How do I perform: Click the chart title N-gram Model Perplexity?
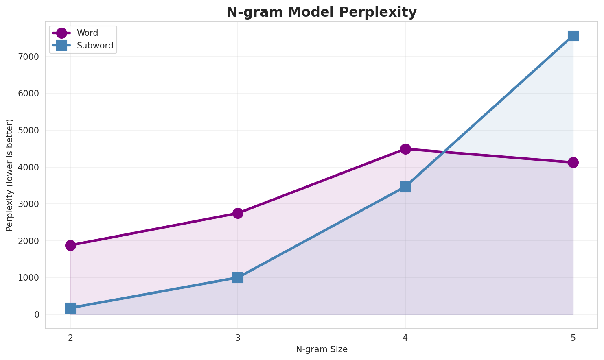click(x=322, y=12)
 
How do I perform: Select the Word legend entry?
click(x=87, y=33)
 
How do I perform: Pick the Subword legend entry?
click(x=95, y=46)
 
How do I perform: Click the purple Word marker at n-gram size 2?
click(x=70, y=245)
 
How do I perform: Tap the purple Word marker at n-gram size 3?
click(x=238, y=213)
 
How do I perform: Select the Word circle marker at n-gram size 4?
click(x=405, y=149)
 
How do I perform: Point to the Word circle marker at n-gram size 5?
click(x=573, y=162)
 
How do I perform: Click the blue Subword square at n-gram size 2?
click(x=70, y=308)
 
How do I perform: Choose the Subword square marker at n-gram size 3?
click(x=238, y=277)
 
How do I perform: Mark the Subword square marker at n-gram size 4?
click(x=405, y=187)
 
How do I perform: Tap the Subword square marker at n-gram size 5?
click(x=573, y=36)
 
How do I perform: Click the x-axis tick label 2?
click(x=70, y=338)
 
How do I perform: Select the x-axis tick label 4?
click(x=405, y=338)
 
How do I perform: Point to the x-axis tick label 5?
click(x=573, y=338)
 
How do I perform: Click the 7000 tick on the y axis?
click(x=31, y=57)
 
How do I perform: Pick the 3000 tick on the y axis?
click(x=31, y=204)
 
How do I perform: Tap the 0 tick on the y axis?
click(x=37, y=315)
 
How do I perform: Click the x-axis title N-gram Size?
click(x=322, y=349)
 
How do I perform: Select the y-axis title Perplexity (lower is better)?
click(x=10, y=175)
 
